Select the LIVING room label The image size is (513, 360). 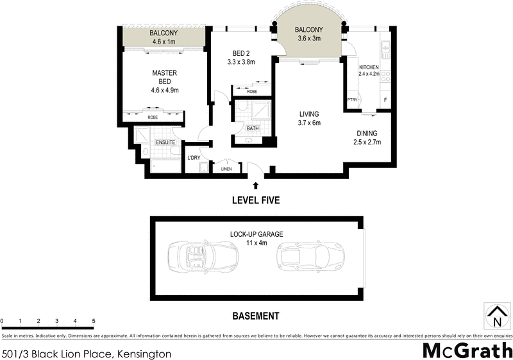[309, 114]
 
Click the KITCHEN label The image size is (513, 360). [369, 67]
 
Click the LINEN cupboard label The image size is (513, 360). [226, 169]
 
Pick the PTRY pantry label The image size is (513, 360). [352, 100]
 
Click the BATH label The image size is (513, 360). [253, 128]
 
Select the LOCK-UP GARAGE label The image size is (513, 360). [256, 234]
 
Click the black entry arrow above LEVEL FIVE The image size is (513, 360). [256, 185]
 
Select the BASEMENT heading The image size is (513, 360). [255, 316]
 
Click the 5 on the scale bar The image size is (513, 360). [94, 320]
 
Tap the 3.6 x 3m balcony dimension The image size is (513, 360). [309, 39]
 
